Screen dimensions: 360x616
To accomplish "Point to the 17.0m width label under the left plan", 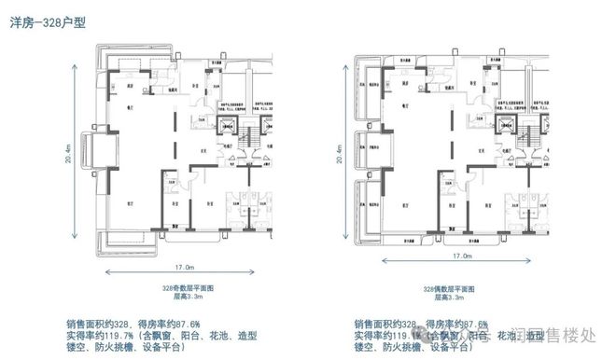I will point(183,257).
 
